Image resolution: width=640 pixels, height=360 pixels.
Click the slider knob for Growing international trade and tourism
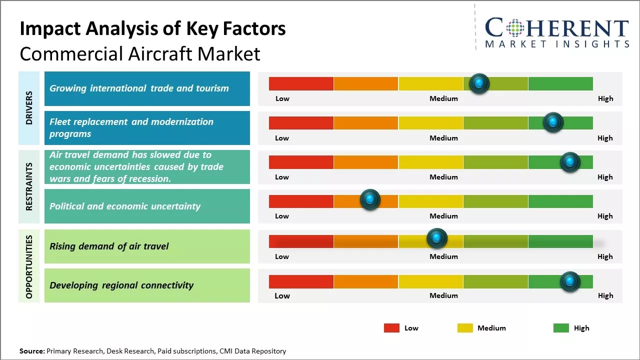pos(479,83)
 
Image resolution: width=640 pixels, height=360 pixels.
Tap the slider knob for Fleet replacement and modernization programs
pos(553,122)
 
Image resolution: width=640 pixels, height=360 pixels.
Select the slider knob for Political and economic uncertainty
pos(370,200)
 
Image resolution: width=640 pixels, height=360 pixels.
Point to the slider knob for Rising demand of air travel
pos(436,238)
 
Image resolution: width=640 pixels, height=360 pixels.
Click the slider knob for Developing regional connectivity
pos(569,281)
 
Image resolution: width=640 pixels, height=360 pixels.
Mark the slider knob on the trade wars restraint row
pos(569,162)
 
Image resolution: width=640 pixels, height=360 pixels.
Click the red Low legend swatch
pos(391,328)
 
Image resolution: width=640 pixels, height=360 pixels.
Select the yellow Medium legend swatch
pos(465,328)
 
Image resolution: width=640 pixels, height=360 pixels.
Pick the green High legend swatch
pos(561,328)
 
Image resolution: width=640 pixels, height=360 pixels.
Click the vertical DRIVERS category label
pos(29,107)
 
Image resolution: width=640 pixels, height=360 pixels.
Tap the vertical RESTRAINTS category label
pos(29,186)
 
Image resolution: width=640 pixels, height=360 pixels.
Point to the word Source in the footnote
pos(31,351)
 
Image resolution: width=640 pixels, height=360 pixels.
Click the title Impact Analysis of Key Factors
pos(152,29)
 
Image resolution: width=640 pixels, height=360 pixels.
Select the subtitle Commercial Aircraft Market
pos(140,54)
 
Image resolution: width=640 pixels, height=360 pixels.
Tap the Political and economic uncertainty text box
pos(147,206)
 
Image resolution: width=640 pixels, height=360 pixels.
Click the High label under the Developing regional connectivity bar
pos(605,295)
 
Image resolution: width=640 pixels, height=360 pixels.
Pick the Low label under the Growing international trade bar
pos(282,98)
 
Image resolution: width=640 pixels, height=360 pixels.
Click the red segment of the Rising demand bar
pos(301,241)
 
